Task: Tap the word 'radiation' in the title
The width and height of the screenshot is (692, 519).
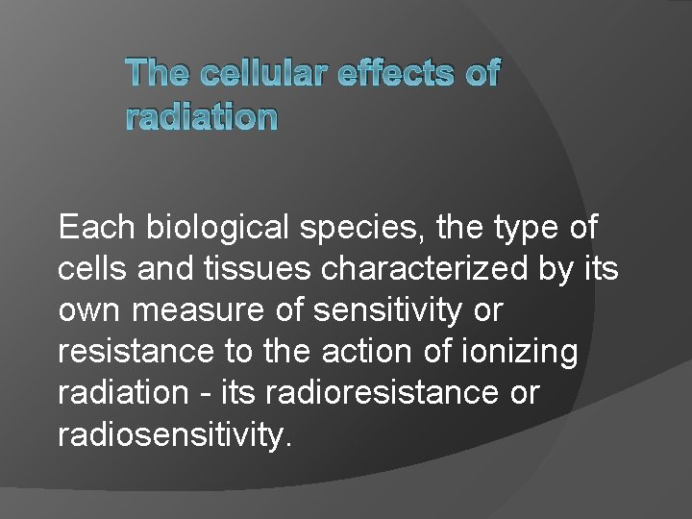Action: [201, 116]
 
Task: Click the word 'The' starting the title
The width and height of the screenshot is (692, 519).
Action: [158, 73]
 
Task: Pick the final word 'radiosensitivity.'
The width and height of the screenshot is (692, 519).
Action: [173, 434]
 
